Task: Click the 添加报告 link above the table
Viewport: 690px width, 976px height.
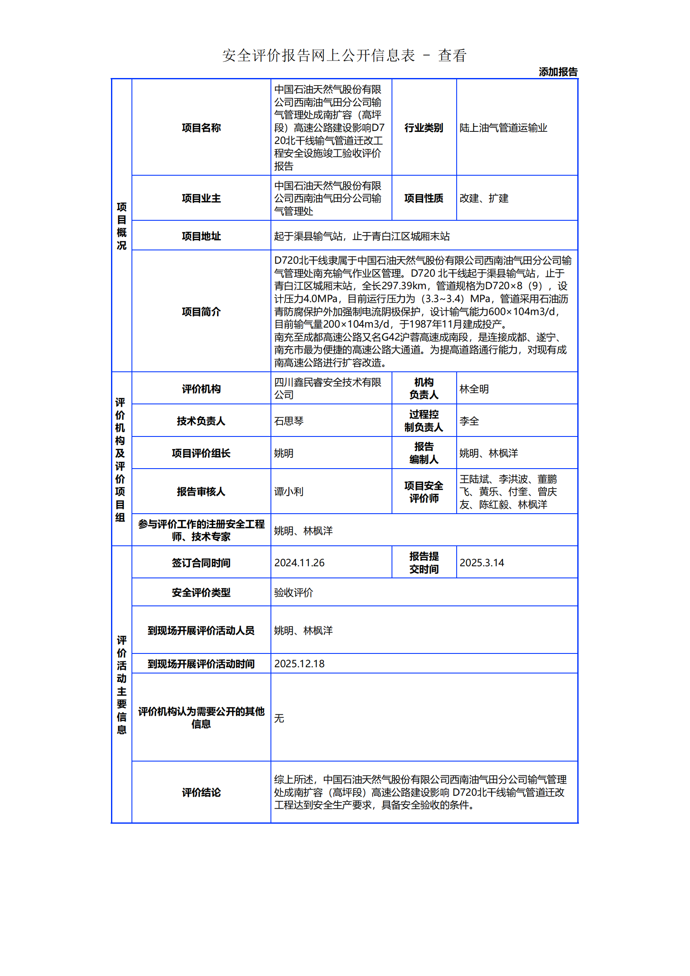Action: (558, 72)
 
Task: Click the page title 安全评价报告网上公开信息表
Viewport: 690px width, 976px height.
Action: (318, 55)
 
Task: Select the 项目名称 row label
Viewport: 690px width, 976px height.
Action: (201, 128)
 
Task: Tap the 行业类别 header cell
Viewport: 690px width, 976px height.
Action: (423, 128)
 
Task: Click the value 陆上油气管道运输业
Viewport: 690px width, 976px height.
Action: (503, 128)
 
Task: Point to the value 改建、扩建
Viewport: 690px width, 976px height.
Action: (484, 198)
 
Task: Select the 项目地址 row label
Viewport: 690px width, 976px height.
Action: (201, 236)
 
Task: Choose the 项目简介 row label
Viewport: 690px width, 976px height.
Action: (201, 312)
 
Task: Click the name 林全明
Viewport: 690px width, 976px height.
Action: (474, 389)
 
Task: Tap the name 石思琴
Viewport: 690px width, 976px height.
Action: (289, 421)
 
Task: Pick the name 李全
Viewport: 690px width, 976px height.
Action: (469, 421)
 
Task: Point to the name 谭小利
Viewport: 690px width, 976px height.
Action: (289, 492)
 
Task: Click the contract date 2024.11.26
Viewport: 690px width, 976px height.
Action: (299, 562)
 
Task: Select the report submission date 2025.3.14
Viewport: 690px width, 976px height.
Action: (482, 562)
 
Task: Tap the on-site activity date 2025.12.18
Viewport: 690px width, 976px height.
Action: (299, 663)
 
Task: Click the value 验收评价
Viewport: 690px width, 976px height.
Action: (293, 592)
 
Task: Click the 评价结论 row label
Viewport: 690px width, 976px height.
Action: (201, 792)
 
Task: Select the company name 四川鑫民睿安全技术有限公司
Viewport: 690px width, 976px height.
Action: (327, 388)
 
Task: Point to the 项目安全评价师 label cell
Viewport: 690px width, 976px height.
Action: (423, 492)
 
